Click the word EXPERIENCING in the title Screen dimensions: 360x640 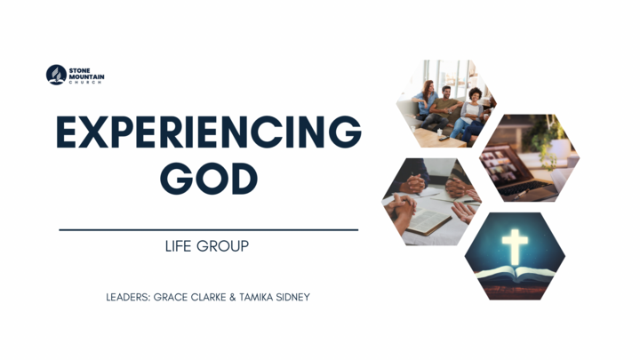tap(209, 133)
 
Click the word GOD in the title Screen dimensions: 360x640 tap(209, 179)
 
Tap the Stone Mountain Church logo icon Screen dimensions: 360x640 tap(56, 75)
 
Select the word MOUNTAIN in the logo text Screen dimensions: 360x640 tap(87, 76)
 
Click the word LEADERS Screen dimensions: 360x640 tap(131, 297)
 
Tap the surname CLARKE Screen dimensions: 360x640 tap(222, 297)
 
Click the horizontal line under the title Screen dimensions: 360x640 tap(209, 229)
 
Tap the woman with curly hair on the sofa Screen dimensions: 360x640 tap(471, 104)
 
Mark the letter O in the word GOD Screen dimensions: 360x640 tap(209, 179)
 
